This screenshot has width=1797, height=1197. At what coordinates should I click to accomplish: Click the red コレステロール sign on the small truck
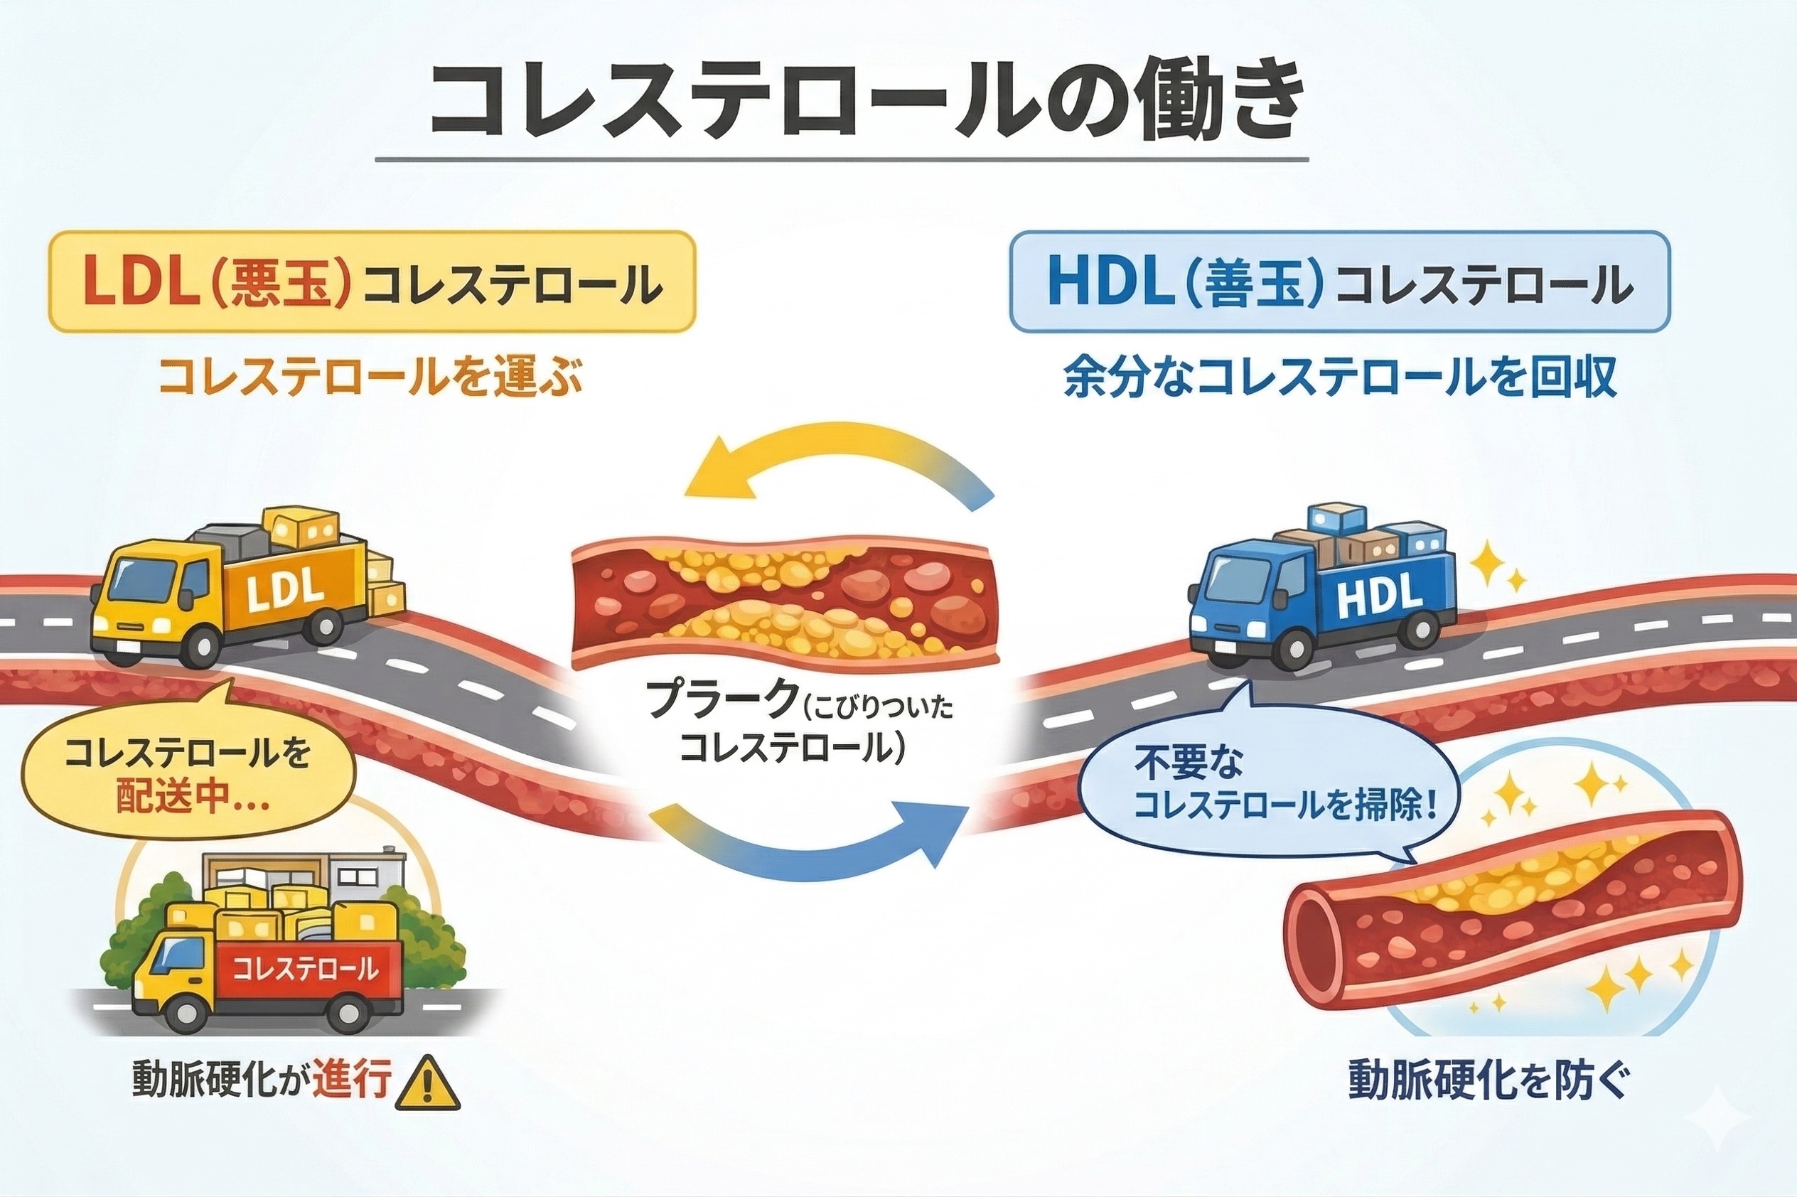point(306,970)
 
